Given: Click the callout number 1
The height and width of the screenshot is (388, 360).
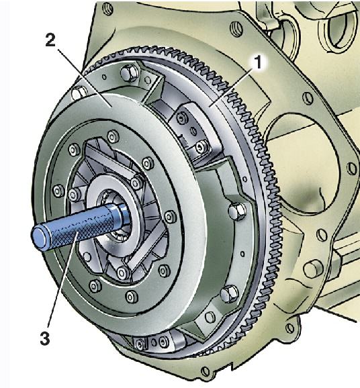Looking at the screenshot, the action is click(258, 62).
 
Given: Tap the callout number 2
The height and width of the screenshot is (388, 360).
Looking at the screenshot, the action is click(50, 40).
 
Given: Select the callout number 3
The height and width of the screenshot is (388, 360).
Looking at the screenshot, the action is click(45, 338).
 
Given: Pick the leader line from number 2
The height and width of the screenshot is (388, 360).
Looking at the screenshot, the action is click(84, 77).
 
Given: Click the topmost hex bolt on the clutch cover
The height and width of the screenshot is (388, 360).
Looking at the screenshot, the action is click(130, 73).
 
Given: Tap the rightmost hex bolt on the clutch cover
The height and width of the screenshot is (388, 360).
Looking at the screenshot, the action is click(238, 211).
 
